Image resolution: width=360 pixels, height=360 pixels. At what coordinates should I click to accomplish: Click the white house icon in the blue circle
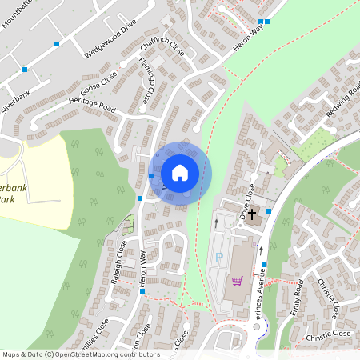tap(180, 171)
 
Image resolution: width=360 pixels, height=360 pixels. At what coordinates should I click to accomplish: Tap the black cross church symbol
tap(251, 214)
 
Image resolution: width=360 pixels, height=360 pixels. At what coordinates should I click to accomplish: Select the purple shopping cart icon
tap(237, 280)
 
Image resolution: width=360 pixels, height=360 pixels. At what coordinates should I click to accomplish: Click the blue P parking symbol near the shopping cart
tap(219, 258)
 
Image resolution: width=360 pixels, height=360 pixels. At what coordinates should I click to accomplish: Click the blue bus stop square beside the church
tap(268, 210)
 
